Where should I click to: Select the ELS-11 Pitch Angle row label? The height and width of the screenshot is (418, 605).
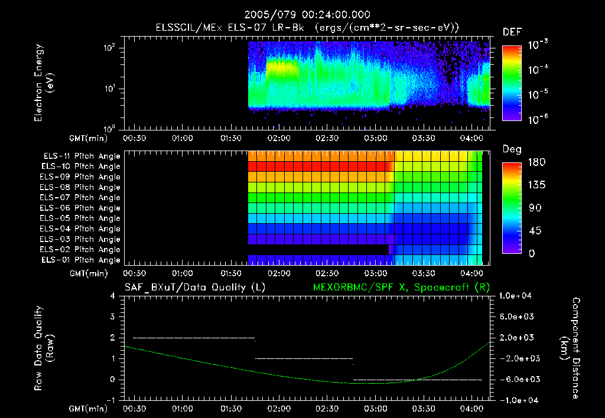(x=82, y=156)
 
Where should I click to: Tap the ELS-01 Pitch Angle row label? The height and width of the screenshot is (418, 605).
(x=82, y=260)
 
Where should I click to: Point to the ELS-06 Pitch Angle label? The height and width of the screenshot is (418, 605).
(x=82, y=208)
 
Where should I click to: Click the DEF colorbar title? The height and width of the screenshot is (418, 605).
(x=512, y=33)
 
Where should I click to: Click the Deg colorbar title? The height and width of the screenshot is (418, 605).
(x=512, y=150)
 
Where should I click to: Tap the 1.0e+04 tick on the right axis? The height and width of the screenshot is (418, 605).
(x=518, y=296)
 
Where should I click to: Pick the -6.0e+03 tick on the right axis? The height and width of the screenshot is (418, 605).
(x=518, y=379)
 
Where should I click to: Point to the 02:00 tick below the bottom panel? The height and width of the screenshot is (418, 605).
(x=279, y=409)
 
